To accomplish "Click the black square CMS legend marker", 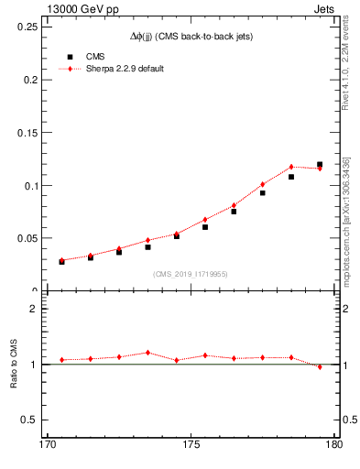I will point(70,57).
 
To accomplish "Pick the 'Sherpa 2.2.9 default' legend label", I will point(125,69).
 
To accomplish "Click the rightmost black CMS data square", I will point(320,165).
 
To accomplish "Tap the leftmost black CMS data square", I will point(62,261).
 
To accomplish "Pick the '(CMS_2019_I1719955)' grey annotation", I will point(191,273).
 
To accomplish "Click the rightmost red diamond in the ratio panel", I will point(320,366).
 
